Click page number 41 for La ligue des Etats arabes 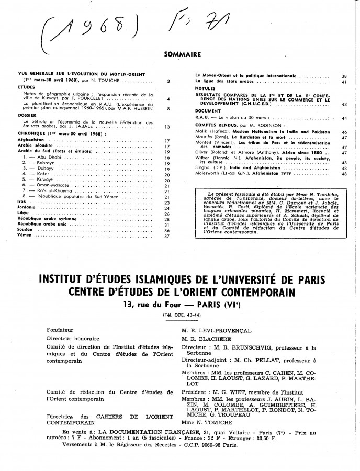pyautogui.click(x=344, y=82)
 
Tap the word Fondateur pyautogui.click(x=59, y=330)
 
